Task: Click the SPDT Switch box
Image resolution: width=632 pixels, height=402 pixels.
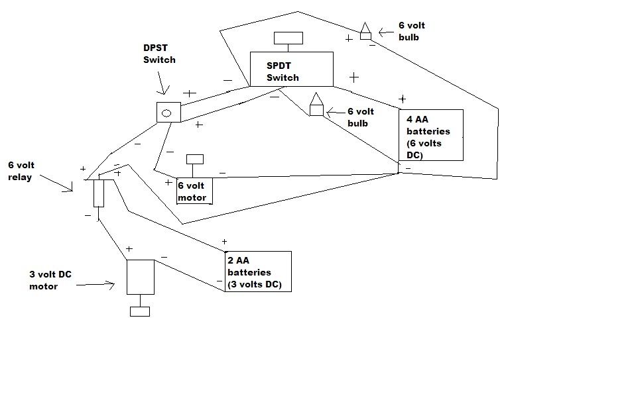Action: coord(291,69)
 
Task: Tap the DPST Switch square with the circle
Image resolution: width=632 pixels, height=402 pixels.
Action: coord(167,113)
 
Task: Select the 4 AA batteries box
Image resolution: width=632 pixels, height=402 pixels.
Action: coord(430,135)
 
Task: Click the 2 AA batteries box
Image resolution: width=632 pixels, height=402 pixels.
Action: coord(258,271)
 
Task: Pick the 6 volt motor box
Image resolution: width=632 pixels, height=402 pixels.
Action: coord(194,191)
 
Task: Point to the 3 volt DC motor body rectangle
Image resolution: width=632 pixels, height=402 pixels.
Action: coord(140,277)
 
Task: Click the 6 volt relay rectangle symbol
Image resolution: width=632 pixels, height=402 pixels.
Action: coord(99,193)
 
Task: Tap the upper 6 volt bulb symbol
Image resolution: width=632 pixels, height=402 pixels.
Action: coord(365,31)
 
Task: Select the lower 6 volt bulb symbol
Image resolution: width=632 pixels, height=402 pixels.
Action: coord(316,105)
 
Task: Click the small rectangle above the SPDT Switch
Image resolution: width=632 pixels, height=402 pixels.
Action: coord(288,38)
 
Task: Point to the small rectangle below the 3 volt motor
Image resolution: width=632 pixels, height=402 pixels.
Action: coord(140,311)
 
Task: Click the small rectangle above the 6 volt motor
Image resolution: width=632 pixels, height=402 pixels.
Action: coord(195,159)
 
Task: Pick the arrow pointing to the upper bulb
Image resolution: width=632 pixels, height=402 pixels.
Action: coord(386,31)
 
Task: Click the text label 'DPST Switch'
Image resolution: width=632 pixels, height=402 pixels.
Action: coord(160,54)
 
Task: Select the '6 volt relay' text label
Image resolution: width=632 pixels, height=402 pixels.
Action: coord(21,171)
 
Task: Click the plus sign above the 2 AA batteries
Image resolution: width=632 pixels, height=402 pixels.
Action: coord(225,242)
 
